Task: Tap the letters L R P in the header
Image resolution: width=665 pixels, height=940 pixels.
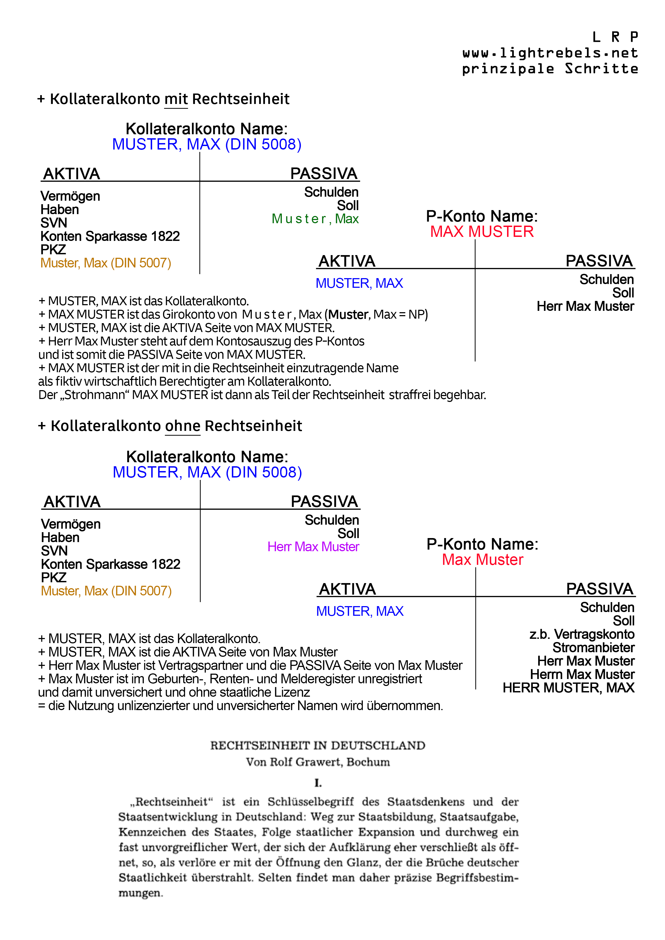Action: point(615,37)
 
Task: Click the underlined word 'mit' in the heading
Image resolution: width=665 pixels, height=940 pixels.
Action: point(176,99)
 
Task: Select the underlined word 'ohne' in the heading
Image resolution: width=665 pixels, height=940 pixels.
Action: point(183,426)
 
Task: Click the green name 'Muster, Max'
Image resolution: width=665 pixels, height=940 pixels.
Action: point(315,219)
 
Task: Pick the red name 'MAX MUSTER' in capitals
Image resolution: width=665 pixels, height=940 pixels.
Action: point(482,232)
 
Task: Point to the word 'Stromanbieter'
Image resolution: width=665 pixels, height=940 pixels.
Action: point(593,648)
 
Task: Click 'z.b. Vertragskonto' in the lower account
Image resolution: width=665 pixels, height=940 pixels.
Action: point(582,634)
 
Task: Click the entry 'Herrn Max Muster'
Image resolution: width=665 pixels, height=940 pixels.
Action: point(582,674)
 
